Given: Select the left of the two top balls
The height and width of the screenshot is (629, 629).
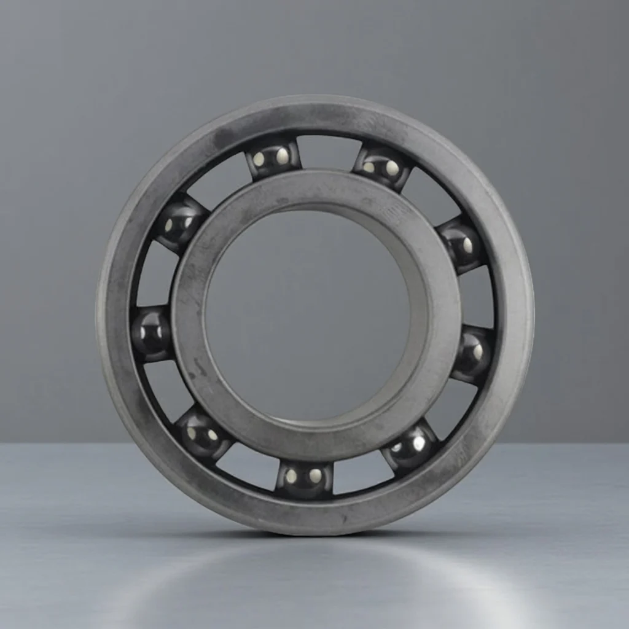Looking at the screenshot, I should click(x=273, y=157).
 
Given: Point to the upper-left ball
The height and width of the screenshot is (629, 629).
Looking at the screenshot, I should click(x=179, y=222).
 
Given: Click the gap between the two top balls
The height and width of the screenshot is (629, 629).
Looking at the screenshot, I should click(x=327, y=154).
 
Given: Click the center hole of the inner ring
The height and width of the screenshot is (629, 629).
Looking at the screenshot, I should click(x=307, y=313).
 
